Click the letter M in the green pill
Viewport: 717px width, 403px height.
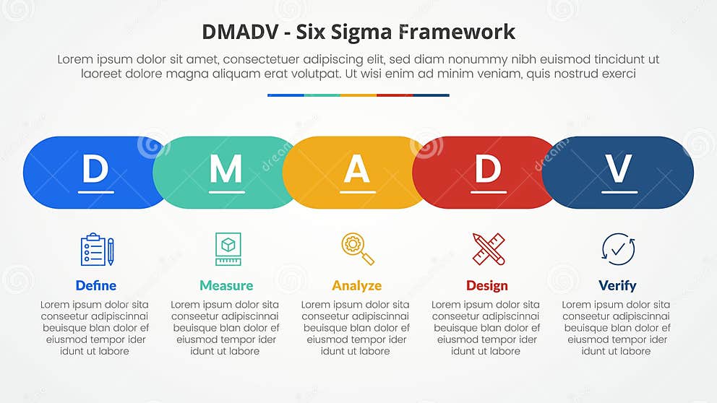[226, 170]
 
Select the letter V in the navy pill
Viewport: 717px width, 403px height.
[619, 170]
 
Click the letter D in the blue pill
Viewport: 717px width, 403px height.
[95, 170]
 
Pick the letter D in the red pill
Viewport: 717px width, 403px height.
[487, 170]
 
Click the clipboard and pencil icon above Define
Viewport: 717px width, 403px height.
[97, 249]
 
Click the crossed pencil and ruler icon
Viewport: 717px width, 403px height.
[489, 249]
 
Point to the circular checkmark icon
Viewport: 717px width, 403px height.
[618, 249]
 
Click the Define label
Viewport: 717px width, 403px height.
[96, 285]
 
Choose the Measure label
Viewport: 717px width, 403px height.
[226, 285]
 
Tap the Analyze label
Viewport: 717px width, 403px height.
[356, 285]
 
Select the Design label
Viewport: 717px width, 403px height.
[487, 285]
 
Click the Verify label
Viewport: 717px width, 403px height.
[617, 285]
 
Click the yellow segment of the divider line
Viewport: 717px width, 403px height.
[358, 95]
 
